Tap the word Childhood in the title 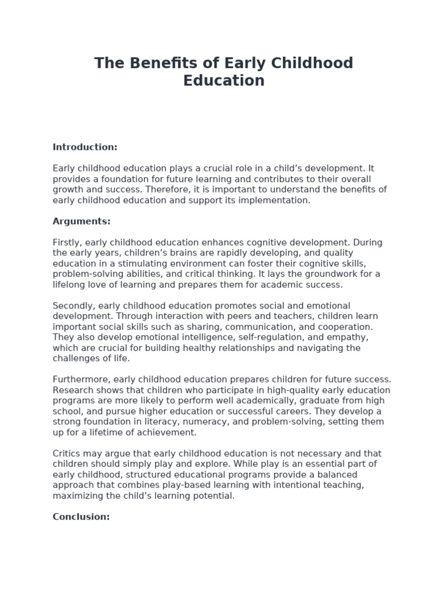coord(309,63)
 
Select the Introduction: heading coord(85,147)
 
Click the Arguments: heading coord(82,222)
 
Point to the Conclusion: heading coord(81,517)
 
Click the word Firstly coord(68,243)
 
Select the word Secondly coord(73,306)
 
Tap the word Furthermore coord(80,380)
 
